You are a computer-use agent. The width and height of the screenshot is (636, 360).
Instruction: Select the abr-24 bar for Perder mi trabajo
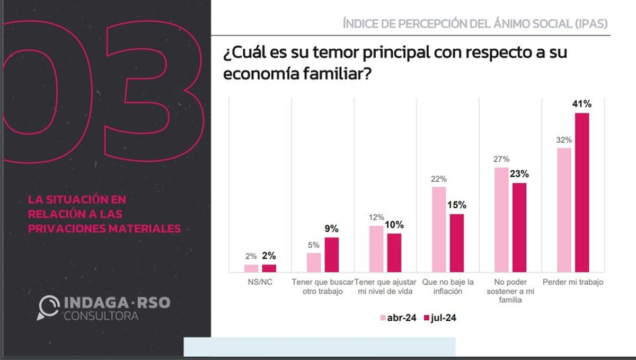[564, 209]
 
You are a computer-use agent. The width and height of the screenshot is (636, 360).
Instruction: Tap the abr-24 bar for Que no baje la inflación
[439, 229]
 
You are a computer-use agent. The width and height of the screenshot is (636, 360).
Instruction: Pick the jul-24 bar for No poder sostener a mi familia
[519, 227]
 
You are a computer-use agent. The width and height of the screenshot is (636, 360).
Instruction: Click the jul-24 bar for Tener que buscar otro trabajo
[332, 254]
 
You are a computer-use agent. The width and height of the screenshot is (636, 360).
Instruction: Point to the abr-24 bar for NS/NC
[251, 268]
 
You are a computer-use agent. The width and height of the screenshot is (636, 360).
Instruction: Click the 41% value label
[582, 103]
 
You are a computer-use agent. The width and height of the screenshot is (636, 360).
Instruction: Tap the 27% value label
[501, 159]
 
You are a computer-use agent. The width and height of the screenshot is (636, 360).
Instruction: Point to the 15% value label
[457, 205]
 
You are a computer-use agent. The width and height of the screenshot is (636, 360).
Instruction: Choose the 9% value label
[332, 229]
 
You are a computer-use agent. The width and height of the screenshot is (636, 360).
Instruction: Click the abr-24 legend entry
[398, 318]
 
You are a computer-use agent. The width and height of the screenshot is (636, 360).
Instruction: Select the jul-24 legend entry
[439, 318]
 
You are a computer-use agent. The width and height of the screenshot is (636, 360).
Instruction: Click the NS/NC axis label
[260, 283]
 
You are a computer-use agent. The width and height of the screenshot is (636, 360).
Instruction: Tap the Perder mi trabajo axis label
[573, 283]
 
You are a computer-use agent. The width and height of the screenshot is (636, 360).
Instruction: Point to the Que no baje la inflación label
[448, 286]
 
